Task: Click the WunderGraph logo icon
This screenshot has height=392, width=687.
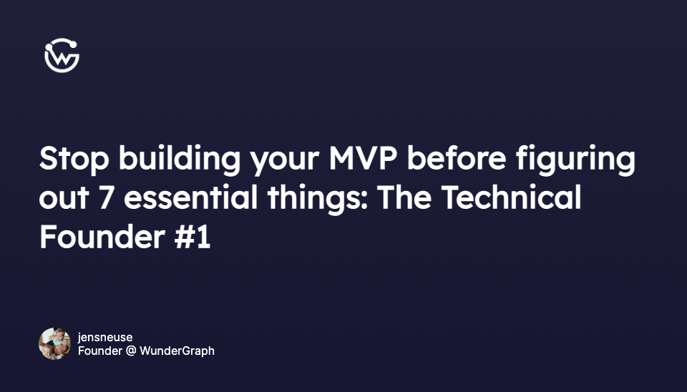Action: [x=62, y=55]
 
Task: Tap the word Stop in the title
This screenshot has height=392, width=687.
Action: [x=74, y=159]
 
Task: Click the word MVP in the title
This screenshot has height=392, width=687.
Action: [x=363, y=158]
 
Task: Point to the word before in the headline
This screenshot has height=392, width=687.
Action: [x=457, y=157]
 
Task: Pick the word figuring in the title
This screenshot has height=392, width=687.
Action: [x=575, y=159]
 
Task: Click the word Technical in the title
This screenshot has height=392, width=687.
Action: [x=511, y=197]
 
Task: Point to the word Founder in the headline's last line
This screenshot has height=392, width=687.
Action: [x=102, y=237]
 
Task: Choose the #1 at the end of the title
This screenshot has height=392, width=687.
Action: [x=193, y=237]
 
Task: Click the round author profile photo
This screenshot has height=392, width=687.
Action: [x=55, y=344]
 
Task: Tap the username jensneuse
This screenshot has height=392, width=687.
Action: [x=105, y=337]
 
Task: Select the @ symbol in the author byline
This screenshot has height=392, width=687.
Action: [x=130, y=351]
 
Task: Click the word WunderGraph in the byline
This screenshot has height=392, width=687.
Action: [x=177, y=351]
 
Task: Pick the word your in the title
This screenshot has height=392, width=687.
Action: [x=285, y=161]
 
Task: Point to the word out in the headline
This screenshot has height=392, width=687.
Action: [x=64, y=198]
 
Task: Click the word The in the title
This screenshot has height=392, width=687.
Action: [x=404, y=197]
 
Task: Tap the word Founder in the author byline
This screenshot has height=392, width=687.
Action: [x=100, y=351]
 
